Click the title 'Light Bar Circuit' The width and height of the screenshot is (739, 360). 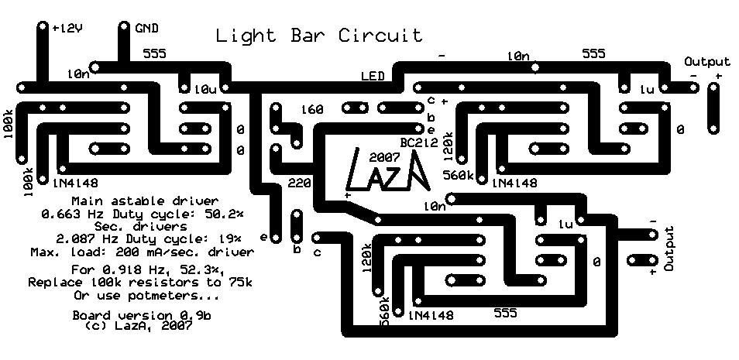pos(319,36)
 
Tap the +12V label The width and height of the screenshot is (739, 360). pos(67,28)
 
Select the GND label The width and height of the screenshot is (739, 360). pos(146,28)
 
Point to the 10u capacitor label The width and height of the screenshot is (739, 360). pos(206,90)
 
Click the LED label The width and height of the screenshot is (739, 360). pos(374,77)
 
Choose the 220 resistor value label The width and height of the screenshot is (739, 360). pos(298,184)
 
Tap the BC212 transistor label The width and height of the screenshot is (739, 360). pos(419,143)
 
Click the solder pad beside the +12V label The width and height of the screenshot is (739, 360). pos(42,28)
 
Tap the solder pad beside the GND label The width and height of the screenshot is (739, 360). pos(125,28)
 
